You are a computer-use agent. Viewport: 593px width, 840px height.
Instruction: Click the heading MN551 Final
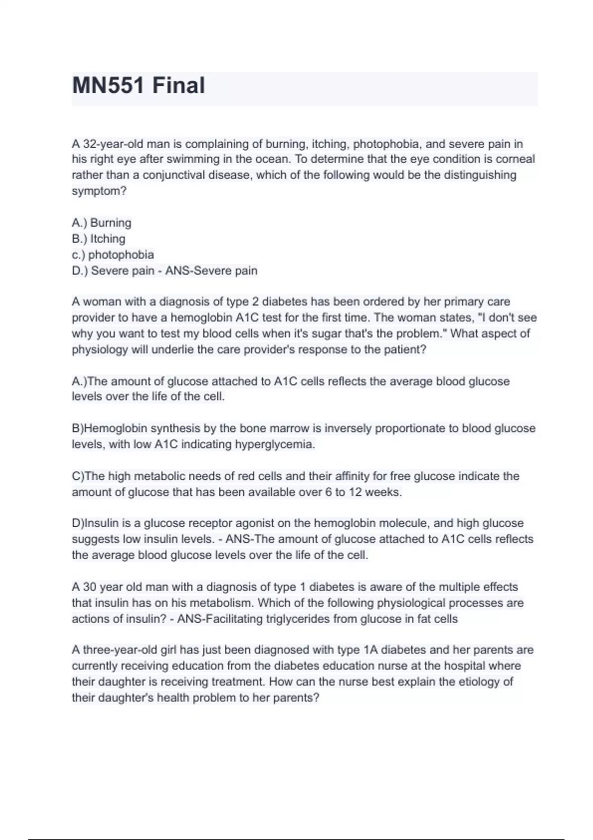(138, 85)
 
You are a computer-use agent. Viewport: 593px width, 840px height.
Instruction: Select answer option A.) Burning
(101, 223)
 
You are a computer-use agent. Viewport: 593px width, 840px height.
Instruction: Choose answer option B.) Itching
(98, 239)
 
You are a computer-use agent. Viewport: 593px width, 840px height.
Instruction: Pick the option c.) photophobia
(113, 255)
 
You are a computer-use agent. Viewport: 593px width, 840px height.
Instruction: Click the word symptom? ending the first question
(99, 191)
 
